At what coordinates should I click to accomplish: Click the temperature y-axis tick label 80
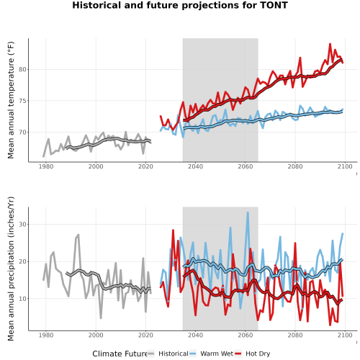click(x=22, y=70)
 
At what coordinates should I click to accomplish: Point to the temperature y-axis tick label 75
click(x=22, y=101)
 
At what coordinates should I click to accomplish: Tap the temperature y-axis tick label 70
click(x=22, y=132)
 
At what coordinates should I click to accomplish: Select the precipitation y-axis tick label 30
click(x=22, y=225)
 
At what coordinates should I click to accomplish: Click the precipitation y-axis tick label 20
click(x=22, y=261)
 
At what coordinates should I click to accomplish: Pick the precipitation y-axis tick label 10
click(x=22, y=299)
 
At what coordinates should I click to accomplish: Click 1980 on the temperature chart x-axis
click(x=46, y=166)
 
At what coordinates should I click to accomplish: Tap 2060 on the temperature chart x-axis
click(x=246, y=166)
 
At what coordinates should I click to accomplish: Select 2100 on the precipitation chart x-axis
click(x=345, y=335)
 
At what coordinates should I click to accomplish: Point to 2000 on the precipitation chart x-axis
click(x=96, y=335)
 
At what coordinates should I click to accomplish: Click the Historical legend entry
click(x=168, y=354)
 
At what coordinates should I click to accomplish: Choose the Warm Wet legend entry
click(x=211, y=354)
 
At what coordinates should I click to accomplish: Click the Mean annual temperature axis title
click(x=11, y=100)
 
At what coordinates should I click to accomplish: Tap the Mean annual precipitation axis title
click(x=11, y=269)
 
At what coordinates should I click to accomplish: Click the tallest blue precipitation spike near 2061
click(x=248, y=212)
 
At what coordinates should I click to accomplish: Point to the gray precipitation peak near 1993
click(x=78, y=235)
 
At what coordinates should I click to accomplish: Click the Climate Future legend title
click(x=120, y=354)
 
